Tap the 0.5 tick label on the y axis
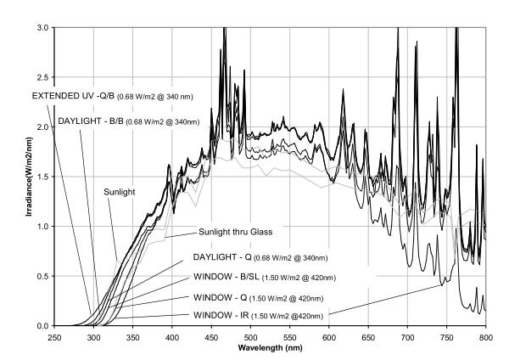point(42,276)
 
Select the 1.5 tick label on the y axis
point(42,177)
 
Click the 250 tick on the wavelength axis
point(53,337)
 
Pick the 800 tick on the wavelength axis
point(485,337)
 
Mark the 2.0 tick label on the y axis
point(42,127)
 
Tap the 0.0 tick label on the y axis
point(42,326)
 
